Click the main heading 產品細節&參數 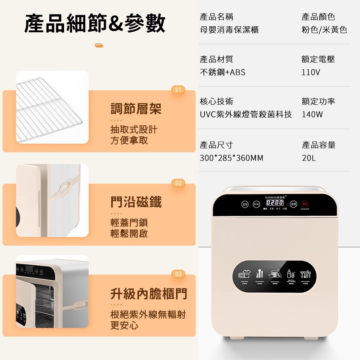tap(95, 23)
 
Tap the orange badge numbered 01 tap(178, 90)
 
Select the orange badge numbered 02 tap(178, 183)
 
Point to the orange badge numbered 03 tap(178, 274)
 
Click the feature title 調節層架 tap(136, 108)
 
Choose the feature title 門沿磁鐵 tap(136, 202)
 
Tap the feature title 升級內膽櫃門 tap(149, 294)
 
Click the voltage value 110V tap(311, 72)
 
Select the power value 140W tap(312, 115)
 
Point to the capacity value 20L tap(309, 158)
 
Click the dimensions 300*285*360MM tap(231, 158)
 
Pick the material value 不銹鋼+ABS tap(222, 72)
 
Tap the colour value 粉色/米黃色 tap(324, 30)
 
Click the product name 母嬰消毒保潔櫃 tap(229, 30)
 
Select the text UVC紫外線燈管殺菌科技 tap(246, 115)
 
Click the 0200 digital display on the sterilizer tap(274, 203)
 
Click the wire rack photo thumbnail tap(52, 107)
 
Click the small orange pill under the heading tap(99, 45)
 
